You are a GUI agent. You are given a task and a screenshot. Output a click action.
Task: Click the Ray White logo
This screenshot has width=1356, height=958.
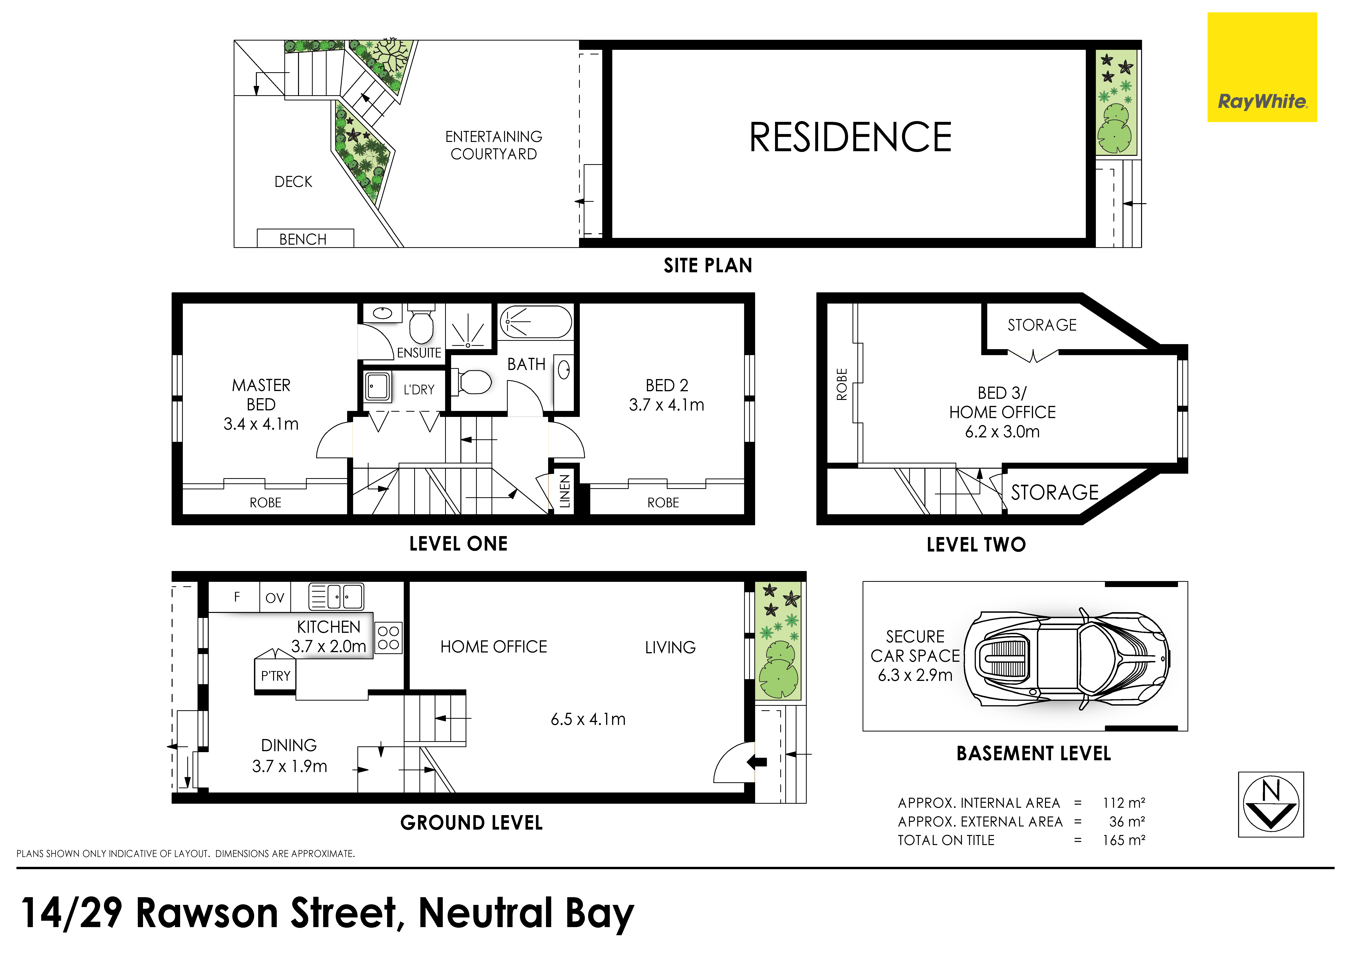tap(1262, 67)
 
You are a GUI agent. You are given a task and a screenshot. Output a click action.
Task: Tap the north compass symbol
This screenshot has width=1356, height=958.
tap(1271, 804)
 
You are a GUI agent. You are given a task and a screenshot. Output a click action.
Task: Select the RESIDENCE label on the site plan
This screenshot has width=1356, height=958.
tap(850, 137)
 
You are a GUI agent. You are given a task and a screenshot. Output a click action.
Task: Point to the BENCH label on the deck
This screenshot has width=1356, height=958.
tap(303, 239)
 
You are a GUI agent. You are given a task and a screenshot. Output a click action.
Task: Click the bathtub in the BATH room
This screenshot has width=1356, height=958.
tap(536, 322)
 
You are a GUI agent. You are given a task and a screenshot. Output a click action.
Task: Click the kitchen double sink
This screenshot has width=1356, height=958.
tap(336, 596)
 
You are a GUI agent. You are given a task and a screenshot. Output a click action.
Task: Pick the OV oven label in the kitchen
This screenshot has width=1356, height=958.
tap(275, 598)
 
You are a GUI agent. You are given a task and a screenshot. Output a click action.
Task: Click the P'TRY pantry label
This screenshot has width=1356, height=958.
tap(276, 676)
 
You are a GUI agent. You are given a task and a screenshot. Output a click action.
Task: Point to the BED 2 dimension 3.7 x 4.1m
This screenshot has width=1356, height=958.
tap(667, 405)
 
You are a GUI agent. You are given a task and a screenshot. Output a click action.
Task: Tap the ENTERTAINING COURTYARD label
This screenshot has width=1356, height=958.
tap(494, 145)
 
